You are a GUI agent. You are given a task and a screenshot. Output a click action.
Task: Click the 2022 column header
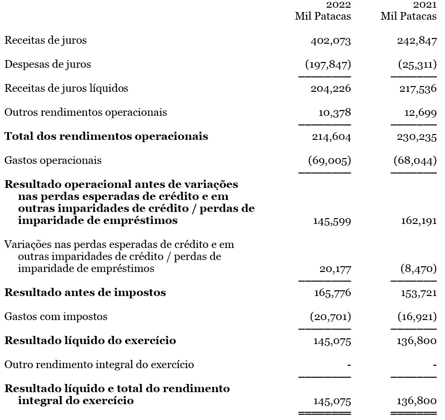pos(338,5)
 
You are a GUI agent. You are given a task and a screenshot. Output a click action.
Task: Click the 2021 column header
pos(425,5)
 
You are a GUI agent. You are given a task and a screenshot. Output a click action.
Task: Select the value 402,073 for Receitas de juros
pos(331,41)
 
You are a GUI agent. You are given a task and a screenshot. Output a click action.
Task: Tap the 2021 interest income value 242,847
pos(417,41)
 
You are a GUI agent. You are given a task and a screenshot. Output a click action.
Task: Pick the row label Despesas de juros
pos(48,64)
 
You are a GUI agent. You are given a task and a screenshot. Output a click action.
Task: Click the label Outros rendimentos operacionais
pos(86,112)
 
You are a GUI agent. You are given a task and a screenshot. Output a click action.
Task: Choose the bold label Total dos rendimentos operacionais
pos(106,136)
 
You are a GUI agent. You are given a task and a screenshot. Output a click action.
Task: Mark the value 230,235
pos(417,137)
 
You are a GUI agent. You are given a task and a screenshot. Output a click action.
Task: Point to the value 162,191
pos(419,221)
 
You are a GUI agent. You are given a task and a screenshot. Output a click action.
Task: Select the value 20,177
pos(335,269)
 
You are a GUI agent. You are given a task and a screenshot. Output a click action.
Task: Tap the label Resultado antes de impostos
pos(85,293)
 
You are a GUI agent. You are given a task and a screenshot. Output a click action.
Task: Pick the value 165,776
pos(332,293)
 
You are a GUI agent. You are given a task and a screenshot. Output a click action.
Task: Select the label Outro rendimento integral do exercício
pos(99,365)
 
